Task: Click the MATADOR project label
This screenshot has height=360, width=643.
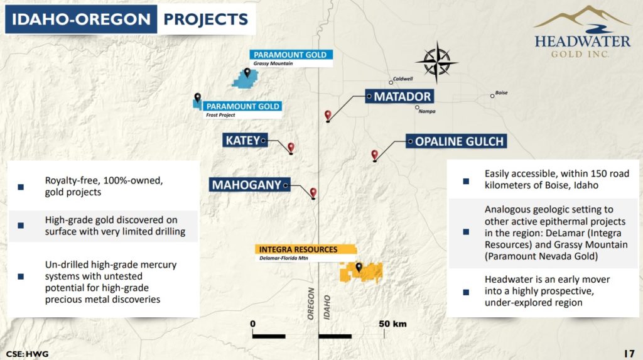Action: (399, 97)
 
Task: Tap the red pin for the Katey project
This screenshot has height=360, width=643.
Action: (291, 148)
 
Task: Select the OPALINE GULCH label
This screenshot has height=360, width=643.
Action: (456, 141)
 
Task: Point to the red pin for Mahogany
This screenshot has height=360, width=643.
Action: (313, 193)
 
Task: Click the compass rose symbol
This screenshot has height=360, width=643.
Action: (437, 62)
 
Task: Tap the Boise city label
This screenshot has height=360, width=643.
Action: (501, 93)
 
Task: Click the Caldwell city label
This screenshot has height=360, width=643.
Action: (403, 79)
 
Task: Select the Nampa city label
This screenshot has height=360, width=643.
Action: (427, 111)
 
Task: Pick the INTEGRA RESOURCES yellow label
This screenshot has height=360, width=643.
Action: (306, 249)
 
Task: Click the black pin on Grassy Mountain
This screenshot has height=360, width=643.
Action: (247, 73)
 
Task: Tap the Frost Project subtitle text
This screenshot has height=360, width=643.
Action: (220, 115)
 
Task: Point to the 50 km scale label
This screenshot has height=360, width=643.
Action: (392, 324)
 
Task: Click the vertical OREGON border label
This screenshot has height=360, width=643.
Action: (311, 303)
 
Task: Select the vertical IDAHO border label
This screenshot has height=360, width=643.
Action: (327, 307)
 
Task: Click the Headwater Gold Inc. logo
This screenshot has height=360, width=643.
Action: (582, 31)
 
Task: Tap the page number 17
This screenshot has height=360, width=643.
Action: (629, 354)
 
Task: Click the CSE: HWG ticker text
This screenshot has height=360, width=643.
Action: (27, 354)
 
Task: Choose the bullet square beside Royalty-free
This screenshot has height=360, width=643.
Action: (21, 187)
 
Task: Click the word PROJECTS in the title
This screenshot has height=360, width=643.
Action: (206, 19)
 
